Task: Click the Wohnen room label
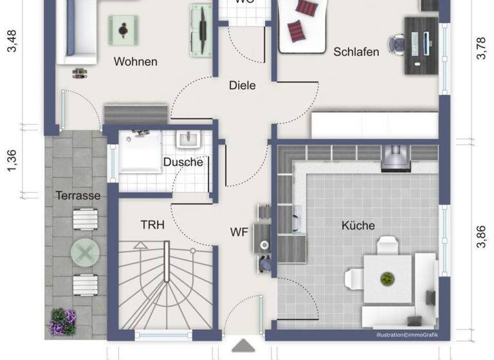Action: tap(135, 62)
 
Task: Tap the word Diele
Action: tap(242, 85)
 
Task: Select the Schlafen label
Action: tap(356, 52)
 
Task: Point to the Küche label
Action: tap(358, 226)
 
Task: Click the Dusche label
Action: tap(183, 162)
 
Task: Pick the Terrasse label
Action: tap(77, 195)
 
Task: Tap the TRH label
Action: tap(152, 225)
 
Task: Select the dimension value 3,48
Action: tap(12, 40)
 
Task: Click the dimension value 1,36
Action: tap(12, 161)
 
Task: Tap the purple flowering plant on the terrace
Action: tap(63, 321)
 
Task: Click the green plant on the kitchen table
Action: tap(387, 279)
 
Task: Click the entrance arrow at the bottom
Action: tap(243, 346)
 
